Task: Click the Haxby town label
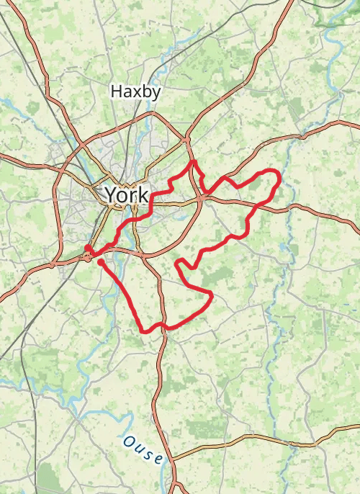(135, 91)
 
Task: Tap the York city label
(127, 194)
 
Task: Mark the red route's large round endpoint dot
(87, 249)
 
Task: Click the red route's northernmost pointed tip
(193, 162)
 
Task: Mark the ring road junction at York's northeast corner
(186, 138)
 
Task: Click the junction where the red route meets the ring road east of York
(204, 194)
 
